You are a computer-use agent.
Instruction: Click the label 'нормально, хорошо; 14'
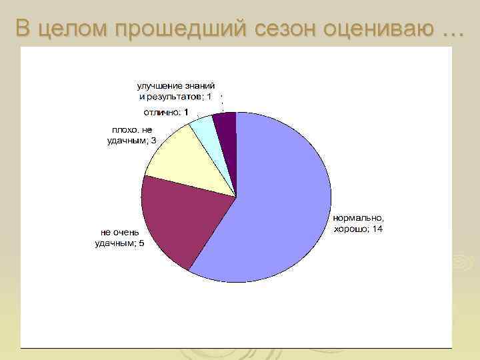[359, 223]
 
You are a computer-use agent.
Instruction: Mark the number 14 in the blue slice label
[377, 229]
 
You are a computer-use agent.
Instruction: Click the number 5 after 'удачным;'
[141, 243]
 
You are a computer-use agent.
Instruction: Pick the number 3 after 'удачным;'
[154, 141]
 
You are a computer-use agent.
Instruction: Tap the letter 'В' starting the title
[23, 29]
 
